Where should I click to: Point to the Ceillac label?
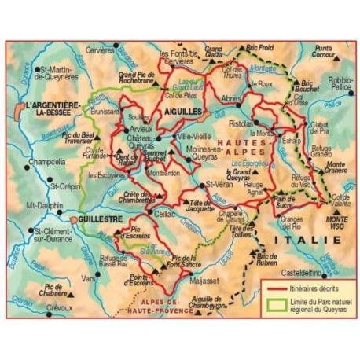click(x=166, y=212)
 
